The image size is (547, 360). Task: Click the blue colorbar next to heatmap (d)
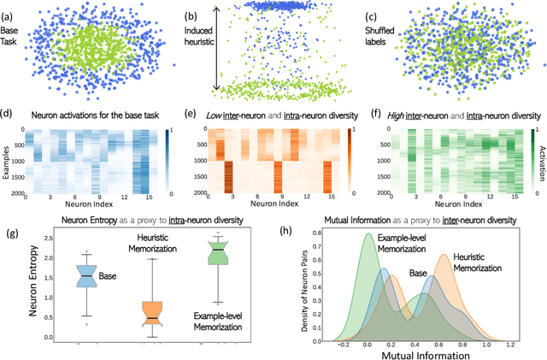click(x=166, y=150)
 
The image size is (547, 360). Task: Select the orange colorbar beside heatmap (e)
click(x=345, y=150)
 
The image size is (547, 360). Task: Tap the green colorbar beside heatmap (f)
click(x=523, y=150)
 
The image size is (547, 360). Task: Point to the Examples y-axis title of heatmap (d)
click(x=7, y=150)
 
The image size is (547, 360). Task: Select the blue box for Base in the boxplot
click(x=87, y=275)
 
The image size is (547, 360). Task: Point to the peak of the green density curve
click(x=367, y=234)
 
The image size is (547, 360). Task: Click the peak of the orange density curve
click(x=442, y=255)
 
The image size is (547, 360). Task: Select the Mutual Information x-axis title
click(x=409, y=352)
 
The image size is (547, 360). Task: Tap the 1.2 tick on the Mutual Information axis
click(x=510, y=339)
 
